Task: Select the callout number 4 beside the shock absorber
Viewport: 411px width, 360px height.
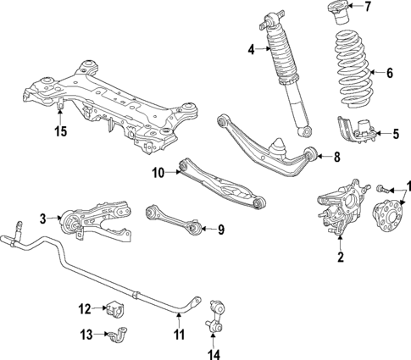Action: coord(252,50)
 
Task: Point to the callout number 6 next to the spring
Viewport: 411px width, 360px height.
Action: coord(390,73)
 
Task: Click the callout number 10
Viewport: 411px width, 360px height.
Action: coord(158,174)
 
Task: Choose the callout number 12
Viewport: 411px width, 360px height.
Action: coord(85,307)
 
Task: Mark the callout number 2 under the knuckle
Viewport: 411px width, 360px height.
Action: coord(341,258)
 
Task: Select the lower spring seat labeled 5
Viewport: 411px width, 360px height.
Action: coord(357,132)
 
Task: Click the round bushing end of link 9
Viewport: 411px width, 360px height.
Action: coord(194,227)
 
